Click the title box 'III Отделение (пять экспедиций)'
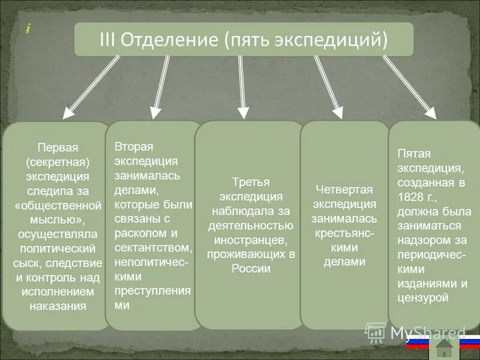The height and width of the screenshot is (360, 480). click(x=244, y=40)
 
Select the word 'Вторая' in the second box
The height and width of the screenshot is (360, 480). click(x=134, y=147)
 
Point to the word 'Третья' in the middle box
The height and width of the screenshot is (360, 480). click(x=251, y=182)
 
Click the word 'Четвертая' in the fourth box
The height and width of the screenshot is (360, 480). click(x=344, y=190)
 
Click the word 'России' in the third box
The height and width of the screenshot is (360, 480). click(x=251, y=268)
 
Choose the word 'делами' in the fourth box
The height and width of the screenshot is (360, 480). click(x=344, y=262)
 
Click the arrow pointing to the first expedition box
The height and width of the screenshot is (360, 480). click(x=91, y=85)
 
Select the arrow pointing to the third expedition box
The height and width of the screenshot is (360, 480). click(x=242, y=86)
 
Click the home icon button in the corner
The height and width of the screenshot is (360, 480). click(x=445, y=347)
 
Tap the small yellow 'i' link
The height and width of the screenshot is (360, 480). click(x=28, y=28)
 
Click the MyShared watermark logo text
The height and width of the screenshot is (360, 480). click(x=427, y=332)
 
